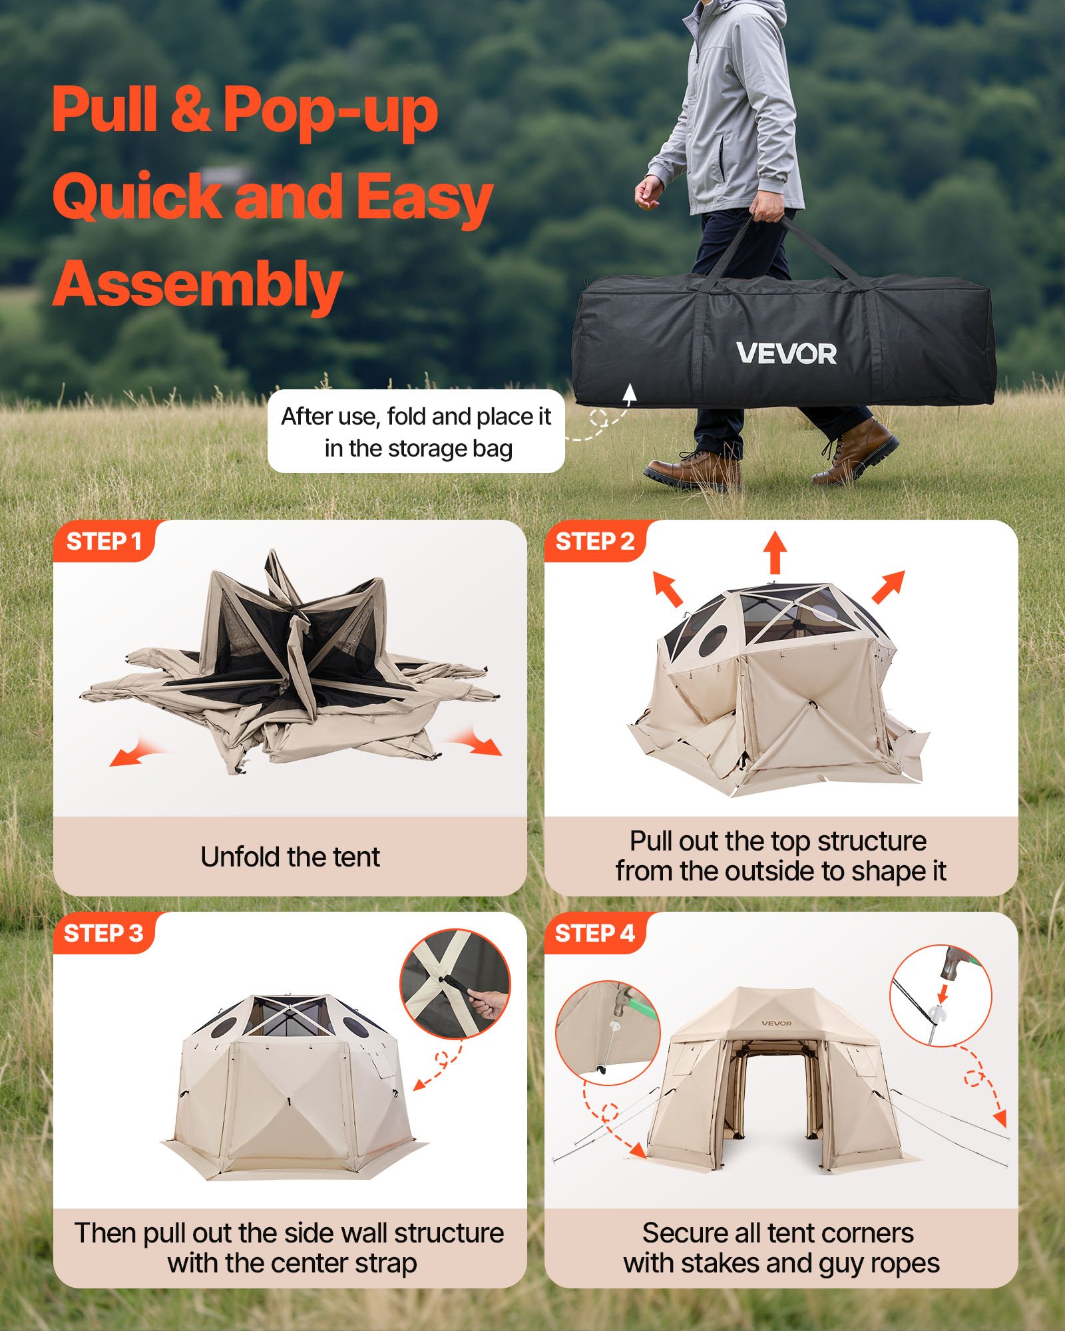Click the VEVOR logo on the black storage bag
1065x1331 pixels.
pos(786,353)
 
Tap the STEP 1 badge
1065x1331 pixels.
pos(104,542)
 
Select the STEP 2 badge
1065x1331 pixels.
pos(594,542)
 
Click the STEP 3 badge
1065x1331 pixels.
pos(103,934)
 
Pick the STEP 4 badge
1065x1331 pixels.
pos(594,934)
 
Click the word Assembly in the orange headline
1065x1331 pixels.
pos(197,285)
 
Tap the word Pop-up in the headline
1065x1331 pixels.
pos(330,110)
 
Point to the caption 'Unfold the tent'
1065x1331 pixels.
pos(290,857)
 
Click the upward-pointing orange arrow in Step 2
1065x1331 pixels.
pos(775,552)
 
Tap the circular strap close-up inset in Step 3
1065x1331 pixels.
pos(455,984)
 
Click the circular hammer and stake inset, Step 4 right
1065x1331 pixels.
pos(941,995)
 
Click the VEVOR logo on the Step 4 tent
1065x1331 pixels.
pos(776,1023)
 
